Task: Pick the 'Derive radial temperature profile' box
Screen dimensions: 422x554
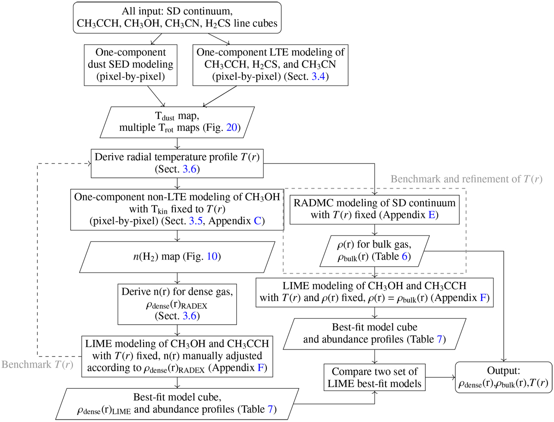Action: point(178,162)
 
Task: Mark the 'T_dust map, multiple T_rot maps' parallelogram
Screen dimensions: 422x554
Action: point(178,121)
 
